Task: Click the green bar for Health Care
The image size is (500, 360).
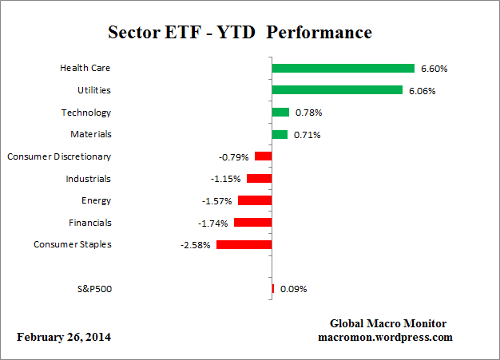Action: click(x=343, y=69)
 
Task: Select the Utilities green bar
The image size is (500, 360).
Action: click(x=337, y=90)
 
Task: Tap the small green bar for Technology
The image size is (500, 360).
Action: click(x=280, y=113)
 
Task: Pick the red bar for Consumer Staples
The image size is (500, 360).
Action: click(x=244, y=244)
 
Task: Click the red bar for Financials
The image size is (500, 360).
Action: click(x=253, y=223)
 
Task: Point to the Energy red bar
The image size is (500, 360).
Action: click(x=255, y=200)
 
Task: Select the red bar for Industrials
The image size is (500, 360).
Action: click(x=260, y=179)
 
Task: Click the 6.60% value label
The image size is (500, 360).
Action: click(x=434, y=69)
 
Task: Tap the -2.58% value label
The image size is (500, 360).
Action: click(x=196, y=245)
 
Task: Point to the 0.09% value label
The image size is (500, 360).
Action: click(x=293, y=289)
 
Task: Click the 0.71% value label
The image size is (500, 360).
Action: click(x=307, y=135)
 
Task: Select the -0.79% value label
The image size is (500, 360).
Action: click(x=236, y=157)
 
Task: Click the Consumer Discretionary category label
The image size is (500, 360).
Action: click(x=59, y=156)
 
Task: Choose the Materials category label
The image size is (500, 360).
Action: click(x=90, y=134)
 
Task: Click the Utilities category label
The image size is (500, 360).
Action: click(x=93, y=90)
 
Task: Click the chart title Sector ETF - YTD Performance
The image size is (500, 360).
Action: click(x=240, y=33)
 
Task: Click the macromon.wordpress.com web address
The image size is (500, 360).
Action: click(x=386, y=337)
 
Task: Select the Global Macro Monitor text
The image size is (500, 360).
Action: click(x=388, y=323)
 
